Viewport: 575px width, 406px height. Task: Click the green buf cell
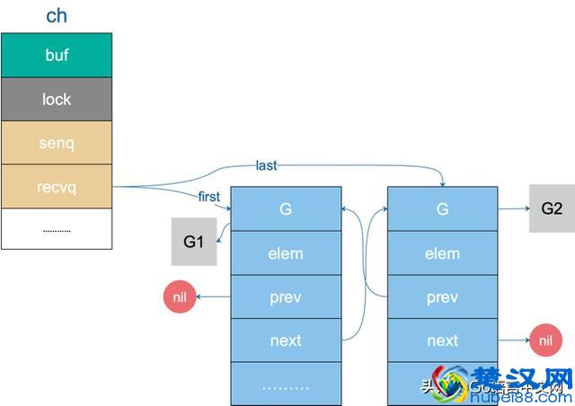click(x=57, y=55)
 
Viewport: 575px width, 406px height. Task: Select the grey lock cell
click(x=57, y=99)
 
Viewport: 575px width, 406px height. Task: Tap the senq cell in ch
click(x=57, y=143)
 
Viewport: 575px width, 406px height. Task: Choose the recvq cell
click(x=57, y=187)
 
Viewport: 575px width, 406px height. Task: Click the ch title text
click(x=56, y=16)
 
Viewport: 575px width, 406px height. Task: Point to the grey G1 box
click(x=194, y=243)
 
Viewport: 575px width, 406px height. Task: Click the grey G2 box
click(x=552, y=208)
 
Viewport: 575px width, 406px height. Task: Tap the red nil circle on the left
click(x=181, y=297)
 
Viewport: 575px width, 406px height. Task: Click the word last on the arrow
click(x=266, y=165)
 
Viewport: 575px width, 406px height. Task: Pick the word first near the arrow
click(x=209, y=197)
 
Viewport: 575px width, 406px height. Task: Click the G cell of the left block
click(x=286, y=209)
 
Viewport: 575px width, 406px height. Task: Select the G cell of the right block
click(x=442, y=209)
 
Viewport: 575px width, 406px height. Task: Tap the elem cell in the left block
click(x=286, y=253)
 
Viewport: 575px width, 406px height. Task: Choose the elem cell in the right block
click(x=442, y=253)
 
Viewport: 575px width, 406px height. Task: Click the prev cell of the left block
click(x=286, y=297)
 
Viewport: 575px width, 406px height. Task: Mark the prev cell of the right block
click(x=442, y=297)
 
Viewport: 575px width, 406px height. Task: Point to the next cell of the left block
click(x=286, y=340)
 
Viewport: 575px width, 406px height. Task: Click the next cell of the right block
click(x=442, y=340)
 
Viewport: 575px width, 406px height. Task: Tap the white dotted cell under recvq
click(x=57, y=230)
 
